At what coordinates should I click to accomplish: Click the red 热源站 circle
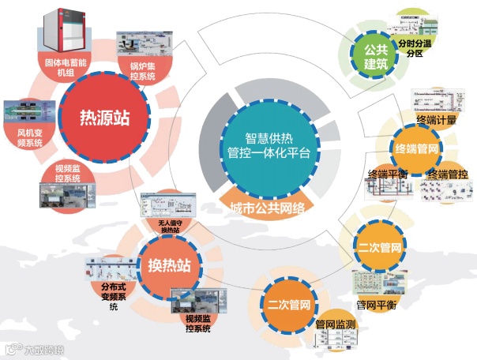[x=103, y=119]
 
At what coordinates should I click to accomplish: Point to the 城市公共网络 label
[x=268, y=207]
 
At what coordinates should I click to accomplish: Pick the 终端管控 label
[x=447, y=173]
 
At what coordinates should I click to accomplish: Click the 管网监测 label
[x=334, y=324]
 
